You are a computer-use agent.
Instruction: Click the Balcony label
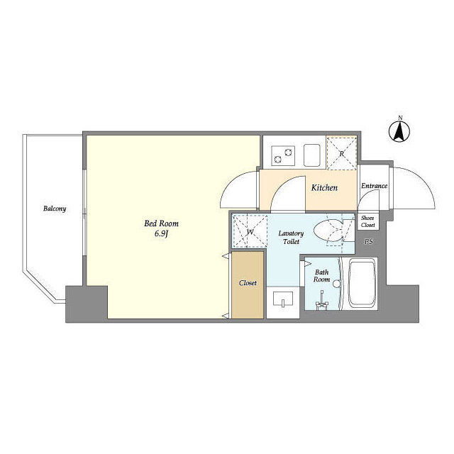55,209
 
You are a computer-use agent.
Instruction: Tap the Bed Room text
161,223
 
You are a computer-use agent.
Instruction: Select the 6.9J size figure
161,234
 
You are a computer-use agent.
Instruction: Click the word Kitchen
324,187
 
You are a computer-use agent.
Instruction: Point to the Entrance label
374,186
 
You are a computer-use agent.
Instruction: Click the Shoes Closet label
367,221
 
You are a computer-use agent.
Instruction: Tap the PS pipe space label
369,241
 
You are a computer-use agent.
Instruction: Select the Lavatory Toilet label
291,237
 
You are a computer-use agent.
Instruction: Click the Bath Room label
321,276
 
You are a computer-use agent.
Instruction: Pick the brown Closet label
248,283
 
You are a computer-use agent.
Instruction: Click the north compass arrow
399,132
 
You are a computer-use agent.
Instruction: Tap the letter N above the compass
400,118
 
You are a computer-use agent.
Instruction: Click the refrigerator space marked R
341,153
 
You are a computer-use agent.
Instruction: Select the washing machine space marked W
250,231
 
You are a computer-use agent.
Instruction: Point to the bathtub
362,284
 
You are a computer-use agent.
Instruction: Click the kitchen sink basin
312,155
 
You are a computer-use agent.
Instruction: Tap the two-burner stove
283,155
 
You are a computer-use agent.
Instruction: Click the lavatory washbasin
283,299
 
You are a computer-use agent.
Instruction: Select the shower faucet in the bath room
321,301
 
